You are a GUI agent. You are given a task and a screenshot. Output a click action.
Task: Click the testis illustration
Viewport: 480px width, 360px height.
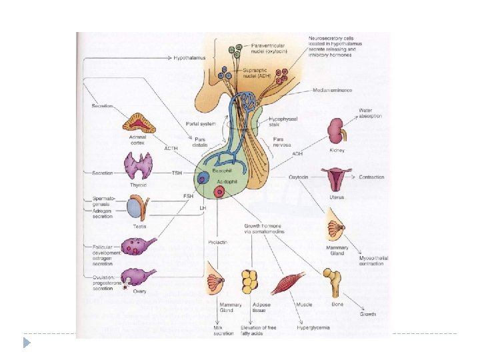137,207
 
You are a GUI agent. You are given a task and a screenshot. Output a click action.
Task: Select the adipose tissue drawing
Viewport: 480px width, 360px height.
250,281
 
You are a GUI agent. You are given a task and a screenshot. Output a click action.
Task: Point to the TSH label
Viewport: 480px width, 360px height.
177,173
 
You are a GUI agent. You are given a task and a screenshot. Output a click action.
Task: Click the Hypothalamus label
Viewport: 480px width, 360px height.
189,58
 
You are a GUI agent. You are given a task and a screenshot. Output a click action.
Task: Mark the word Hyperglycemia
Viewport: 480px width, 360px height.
313,327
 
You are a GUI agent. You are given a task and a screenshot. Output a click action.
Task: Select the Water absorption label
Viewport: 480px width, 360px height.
370,113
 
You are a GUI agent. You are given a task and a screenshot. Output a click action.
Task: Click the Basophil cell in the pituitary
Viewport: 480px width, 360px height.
204,178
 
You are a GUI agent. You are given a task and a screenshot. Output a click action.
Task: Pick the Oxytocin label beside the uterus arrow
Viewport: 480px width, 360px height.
300,177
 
